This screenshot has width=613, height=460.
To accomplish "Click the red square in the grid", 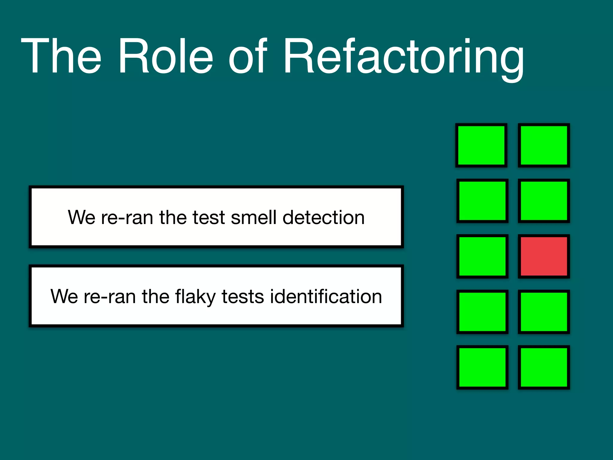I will coord(544,256).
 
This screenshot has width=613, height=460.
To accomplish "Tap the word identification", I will coord(326,296).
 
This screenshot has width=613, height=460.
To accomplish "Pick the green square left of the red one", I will coord(482,256).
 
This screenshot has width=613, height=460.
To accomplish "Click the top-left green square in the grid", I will coord(481,145).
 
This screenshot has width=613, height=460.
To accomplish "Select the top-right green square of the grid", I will coord(544,145).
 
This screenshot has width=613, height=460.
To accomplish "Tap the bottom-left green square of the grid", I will coord(482,367).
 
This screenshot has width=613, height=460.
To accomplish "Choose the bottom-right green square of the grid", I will coord(544,367).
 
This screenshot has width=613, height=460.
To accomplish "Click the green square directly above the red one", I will coord(544,201).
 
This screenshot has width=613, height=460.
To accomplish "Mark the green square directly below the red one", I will coord(544,312).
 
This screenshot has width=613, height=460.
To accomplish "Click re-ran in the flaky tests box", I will coord(110,296).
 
